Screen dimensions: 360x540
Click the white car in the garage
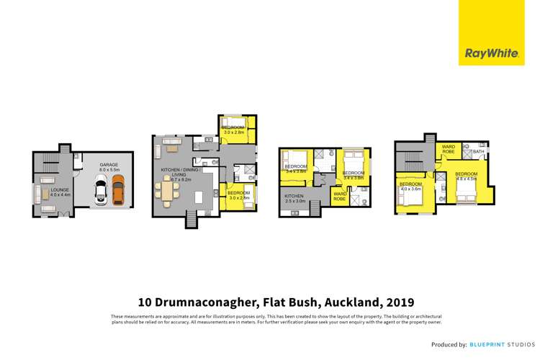(x=102, y=191)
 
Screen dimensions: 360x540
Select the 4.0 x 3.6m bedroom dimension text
(x=410, y=189)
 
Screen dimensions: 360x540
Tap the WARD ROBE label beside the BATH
(x=448, y=149)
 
